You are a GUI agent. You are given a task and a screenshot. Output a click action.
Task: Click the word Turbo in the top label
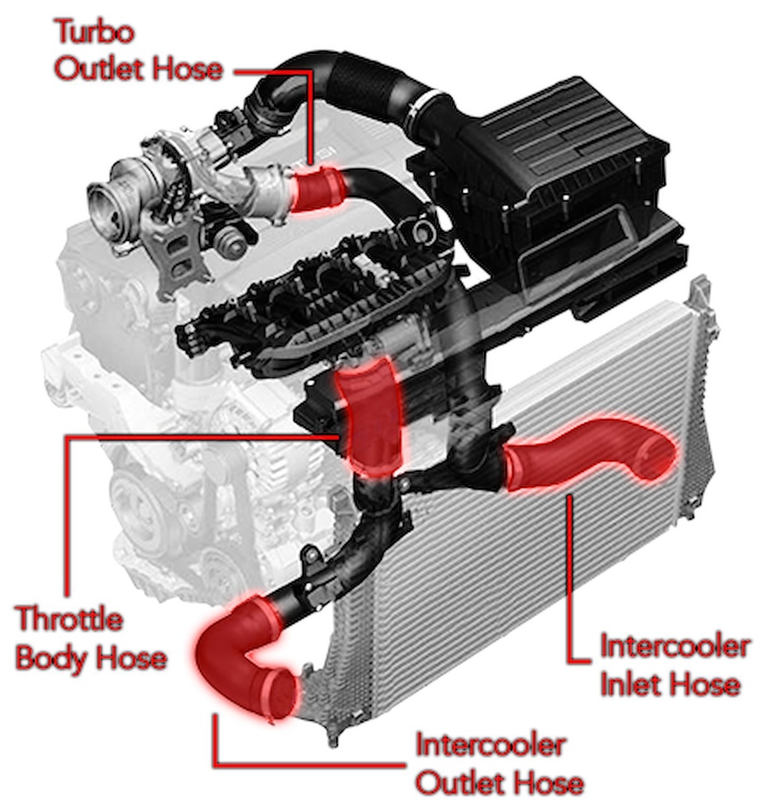(x=95, y=31)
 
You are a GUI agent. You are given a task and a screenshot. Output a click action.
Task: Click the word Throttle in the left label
(x=70, y=619)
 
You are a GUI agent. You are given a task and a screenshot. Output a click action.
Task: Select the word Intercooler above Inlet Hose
(x=674, y=646)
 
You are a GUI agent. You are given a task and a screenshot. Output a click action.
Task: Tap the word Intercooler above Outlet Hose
(x=490, y=745)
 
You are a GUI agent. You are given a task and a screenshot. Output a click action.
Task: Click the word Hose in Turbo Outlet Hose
(x=188, y=70)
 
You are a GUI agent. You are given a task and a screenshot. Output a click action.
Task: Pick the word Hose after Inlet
(x=702, y=684)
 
